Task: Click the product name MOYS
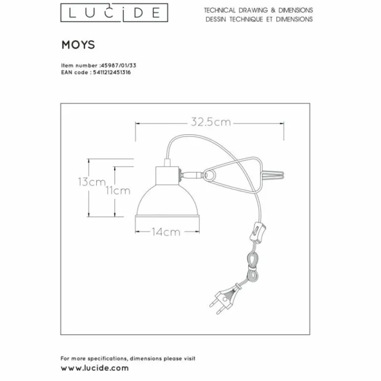click(x=79, y=45)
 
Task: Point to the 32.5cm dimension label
click(x=211, y=122)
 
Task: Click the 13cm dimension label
click(x=91, y=181)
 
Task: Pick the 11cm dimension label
click(x=118, y=191)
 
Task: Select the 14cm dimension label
click(x=166, y=232)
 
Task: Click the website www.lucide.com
click(x=95, y=368)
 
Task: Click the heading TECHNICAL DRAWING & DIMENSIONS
click(x=259, y=10)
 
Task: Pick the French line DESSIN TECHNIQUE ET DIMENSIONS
click(x=260, y=20)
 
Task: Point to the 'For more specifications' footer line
click(x=128, y=358)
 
